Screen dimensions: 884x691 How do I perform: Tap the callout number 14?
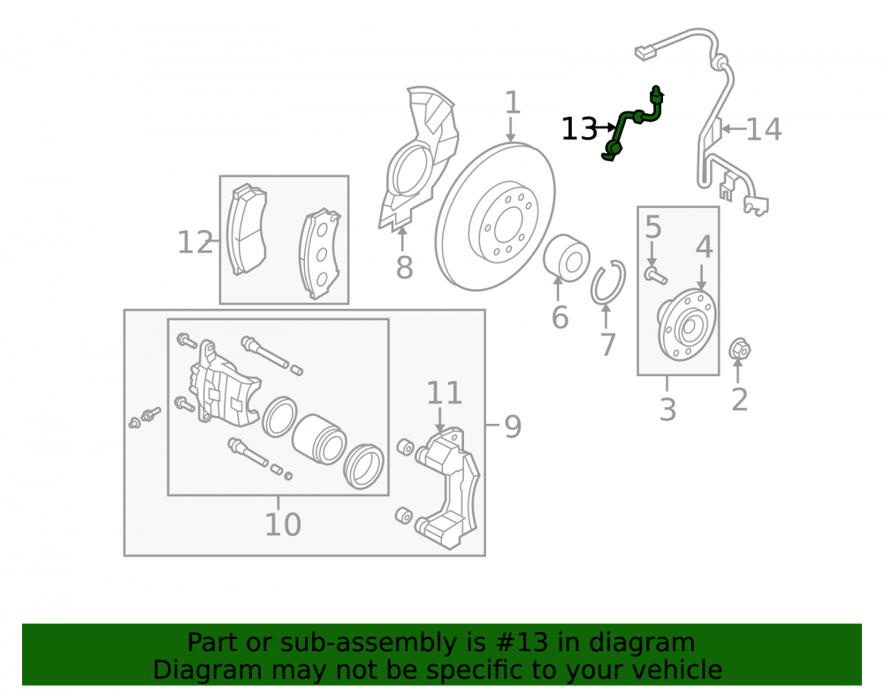click(764, 129)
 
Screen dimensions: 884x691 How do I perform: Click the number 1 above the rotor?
click(512, 103)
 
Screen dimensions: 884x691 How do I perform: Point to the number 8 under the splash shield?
click(404, 267)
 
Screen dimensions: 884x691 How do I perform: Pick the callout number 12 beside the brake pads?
click(195, 242)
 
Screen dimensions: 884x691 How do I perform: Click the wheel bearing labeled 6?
click(567, 258)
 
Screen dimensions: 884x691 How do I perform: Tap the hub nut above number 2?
click(740, 350)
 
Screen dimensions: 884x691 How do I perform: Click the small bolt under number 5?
click(656, 276)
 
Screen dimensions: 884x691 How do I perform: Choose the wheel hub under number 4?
click(687, 326)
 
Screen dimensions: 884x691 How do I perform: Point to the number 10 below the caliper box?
click(283, 524)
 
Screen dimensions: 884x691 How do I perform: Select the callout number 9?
click(513, 426)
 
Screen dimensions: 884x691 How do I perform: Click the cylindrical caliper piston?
click(318, 440)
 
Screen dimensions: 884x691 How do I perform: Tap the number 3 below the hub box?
click(667, 409)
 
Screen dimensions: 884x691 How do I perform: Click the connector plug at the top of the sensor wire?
click(645, 52)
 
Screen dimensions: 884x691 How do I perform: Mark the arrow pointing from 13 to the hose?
click(606, 128)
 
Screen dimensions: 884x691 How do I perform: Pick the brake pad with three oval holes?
click(320, 255)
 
